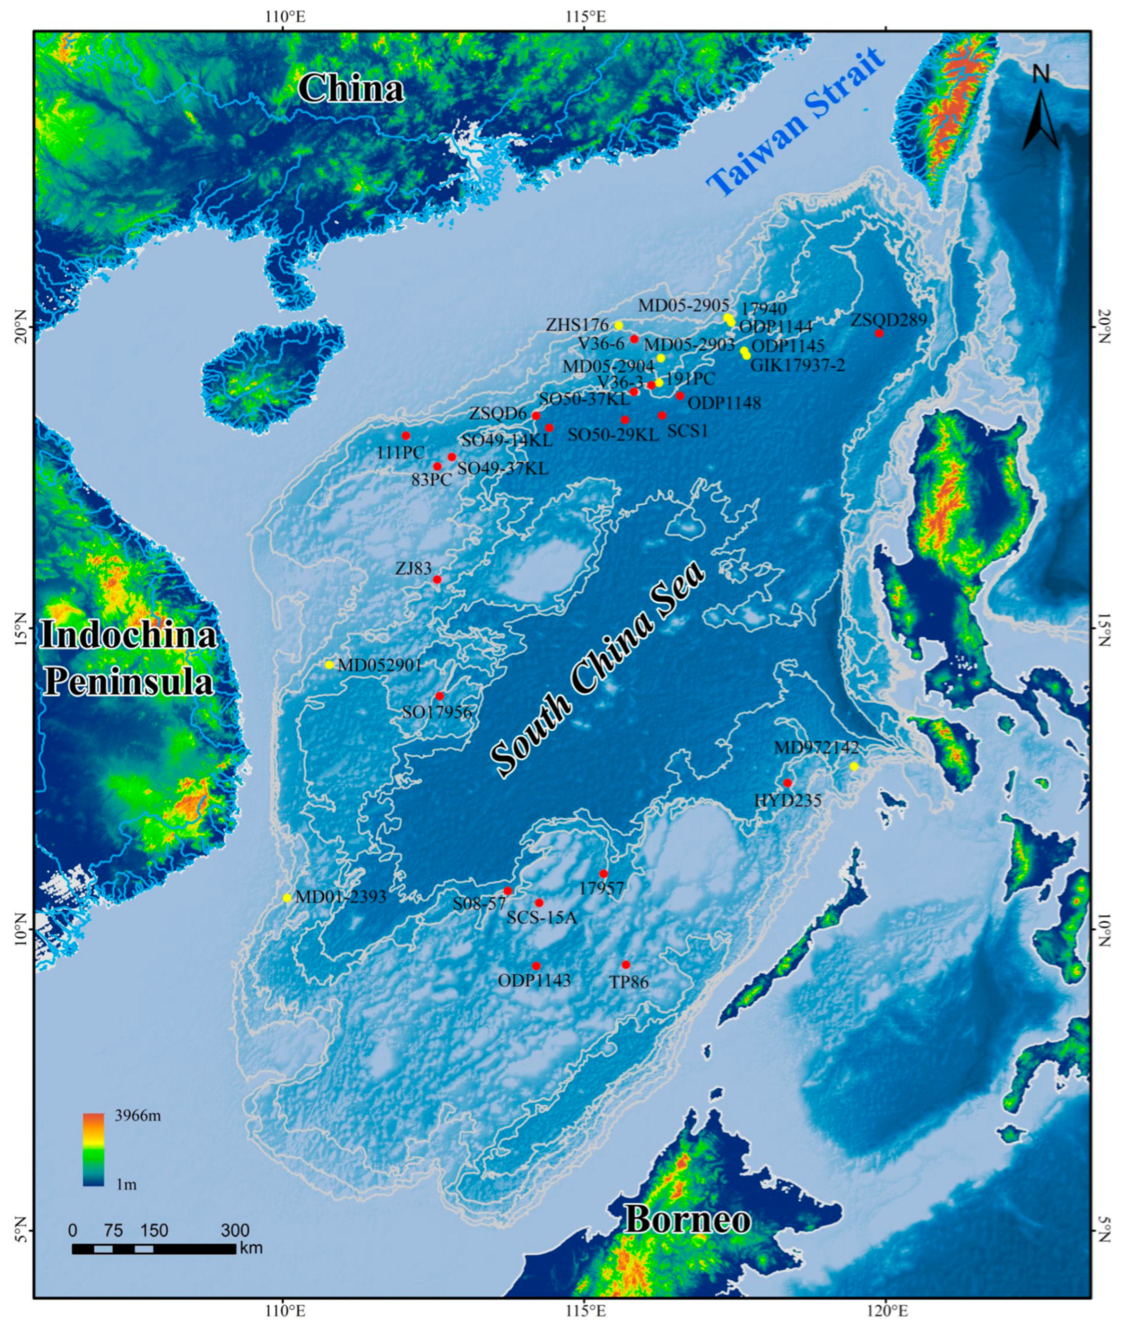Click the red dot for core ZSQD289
pos(879,333)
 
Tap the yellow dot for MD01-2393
pos(287,898)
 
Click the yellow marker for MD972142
pos(854,766)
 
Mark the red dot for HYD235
pos(787,783)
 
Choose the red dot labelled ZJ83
pos(437,579)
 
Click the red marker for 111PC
pos(406,436)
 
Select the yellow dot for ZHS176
pos(618,326)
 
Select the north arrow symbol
pos(1041,111)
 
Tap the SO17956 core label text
pos(437,712)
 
